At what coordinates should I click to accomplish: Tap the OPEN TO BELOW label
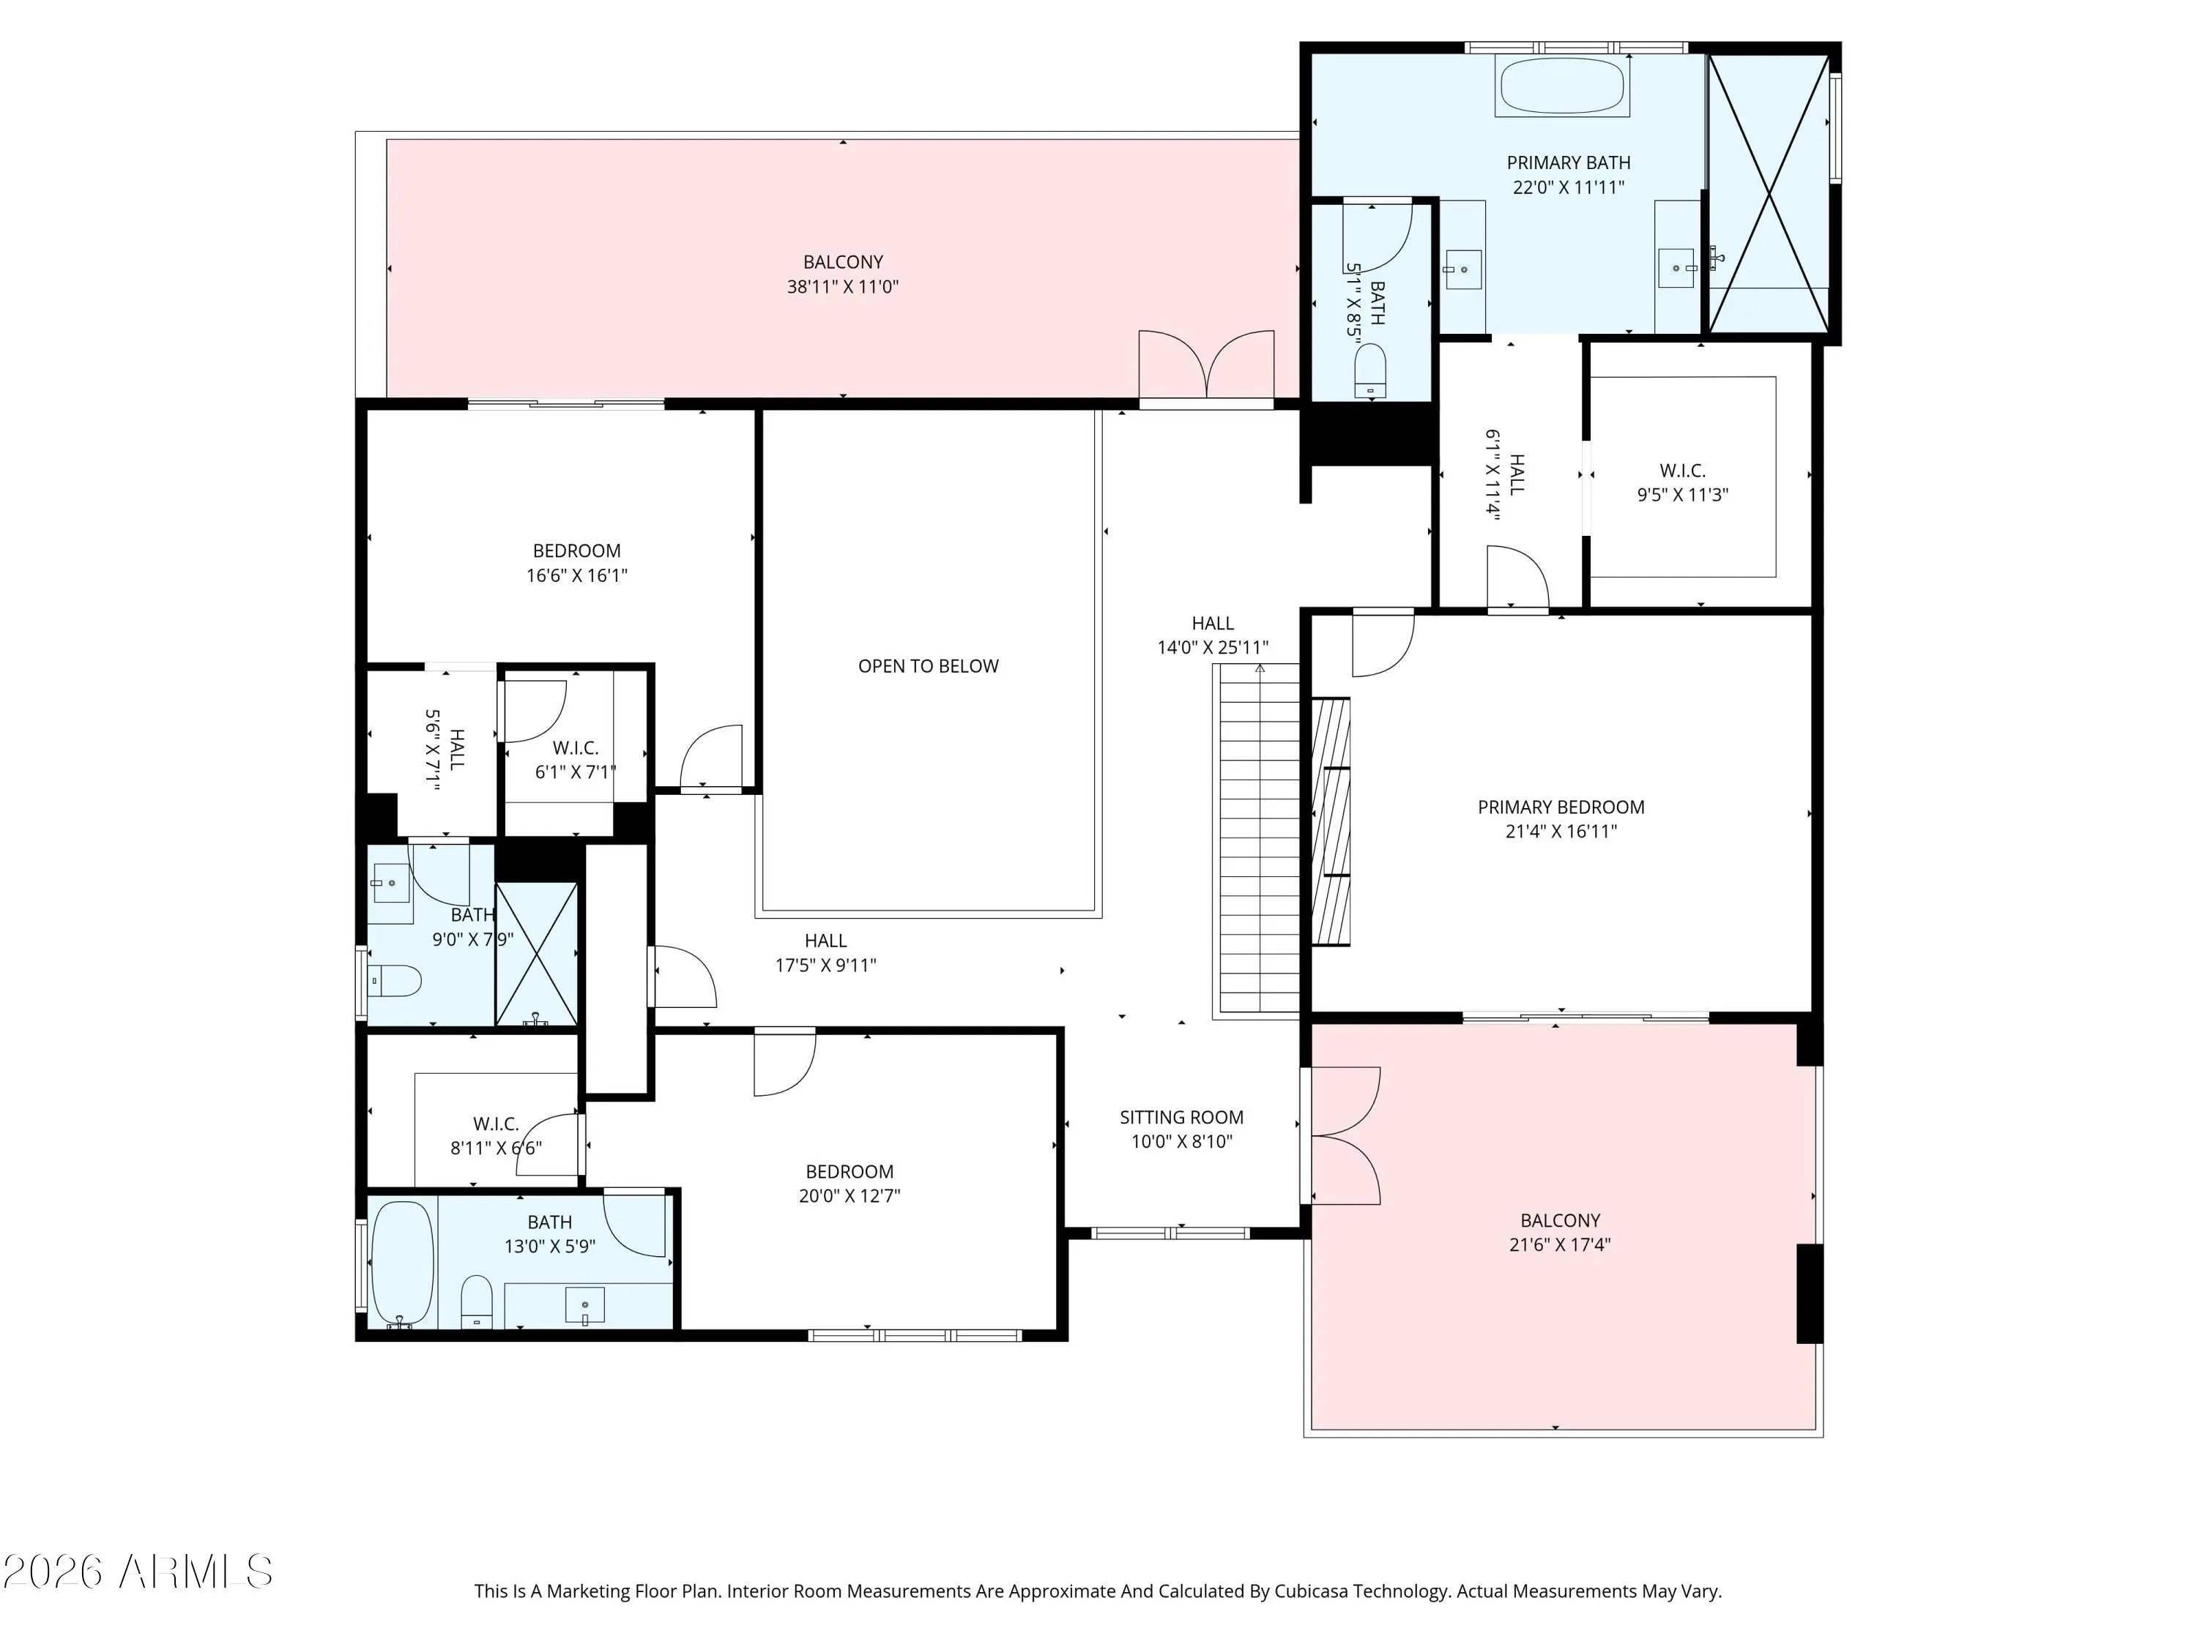point(928,666)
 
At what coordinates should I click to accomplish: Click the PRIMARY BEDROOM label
point(1561,807)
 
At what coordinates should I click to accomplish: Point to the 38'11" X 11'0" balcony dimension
point(842,287)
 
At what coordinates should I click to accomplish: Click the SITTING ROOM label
point(1181,1117)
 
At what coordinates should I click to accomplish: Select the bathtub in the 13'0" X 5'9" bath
point(402,1263)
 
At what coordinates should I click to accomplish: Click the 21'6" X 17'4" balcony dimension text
point(1559,1244)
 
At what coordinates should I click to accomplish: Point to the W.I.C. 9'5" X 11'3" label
point(1682,482)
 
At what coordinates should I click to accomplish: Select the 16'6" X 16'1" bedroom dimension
point(576,575)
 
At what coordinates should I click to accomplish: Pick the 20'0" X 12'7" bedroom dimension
point(850,1195)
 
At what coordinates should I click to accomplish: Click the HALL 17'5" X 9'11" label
point(825,952)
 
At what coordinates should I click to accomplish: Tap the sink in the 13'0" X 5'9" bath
point(584,1304)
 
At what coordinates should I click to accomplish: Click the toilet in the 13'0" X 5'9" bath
point(477,1301)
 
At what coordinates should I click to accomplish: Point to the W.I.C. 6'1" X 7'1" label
point(575,760)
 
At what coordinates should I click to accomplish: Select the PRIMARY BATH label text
point(1569,163)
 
